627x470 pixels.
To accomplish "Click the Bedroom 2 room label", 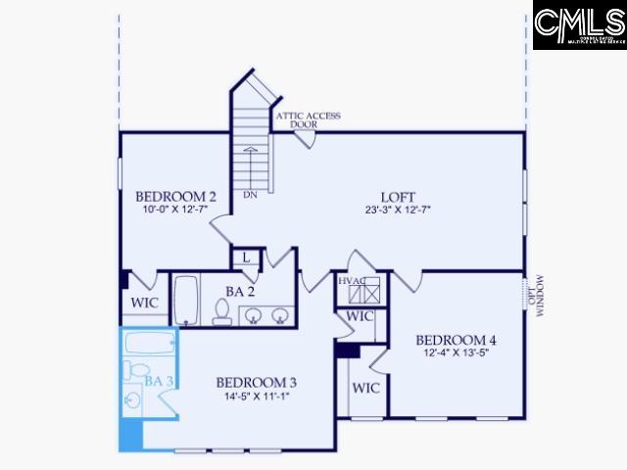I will click(175, 194).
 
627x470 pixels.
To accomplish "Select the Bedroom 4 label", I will click(456, 340).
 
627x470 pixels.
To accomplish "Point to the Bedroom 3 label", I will click(256, 382).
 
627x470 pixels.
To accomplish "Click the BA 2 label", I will click(240, 291).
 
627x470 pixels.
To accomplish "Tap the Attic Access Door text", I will click(308, 120).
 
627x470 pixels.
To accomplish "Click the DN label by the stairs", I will click(252, 194).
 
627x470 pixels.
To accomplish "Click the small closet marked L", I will click(246, 257).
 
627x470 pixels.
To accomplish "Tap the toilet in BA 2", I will click(222, 311).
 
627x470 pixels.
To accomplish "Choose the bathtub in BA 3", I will click(150, 344).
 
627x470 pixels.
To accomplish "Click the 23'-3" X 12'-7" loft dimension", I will click(399, 209).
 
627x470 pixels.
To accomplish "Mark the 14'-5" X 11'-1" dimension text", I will click(256, 396).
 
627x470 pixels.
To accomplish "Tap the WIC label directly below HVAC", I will click(360, 317).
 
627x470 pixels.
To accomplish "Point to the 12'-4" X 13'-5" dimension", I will click(456, 352).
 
